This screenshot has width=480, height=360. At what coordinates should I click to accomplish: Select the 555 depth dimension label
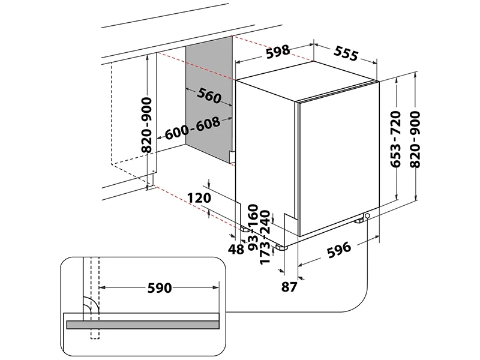[346, 54]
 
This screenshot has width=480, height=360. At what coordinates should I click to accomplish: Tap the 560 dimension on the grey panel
[208, 96]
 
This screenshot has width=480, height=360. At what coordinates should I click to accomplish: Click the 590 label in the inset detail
[160, 288]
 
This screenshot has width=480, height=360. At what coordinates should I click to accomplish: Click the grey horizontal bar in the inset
[141, 325]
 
